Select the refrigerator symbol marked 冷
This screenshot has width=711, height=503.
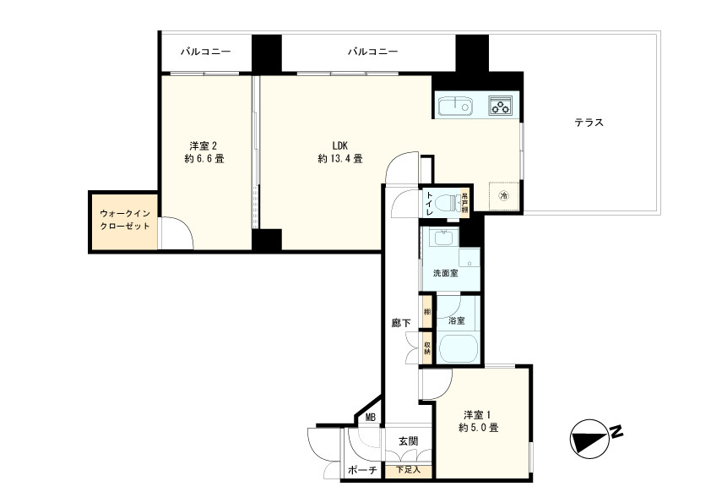[x=504, y=196]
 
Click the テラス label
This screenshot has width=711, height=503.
[x=589, y=123]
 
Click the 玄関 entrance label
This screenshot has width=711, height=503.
[x=408, y=441]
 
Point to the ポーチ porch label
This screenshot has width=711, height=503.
[x=361, y=471]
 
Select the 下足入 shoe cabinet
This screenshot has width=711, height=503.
[x=408, y=470]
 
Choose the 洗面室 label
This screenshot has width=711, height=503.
[x=445, y=274]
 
